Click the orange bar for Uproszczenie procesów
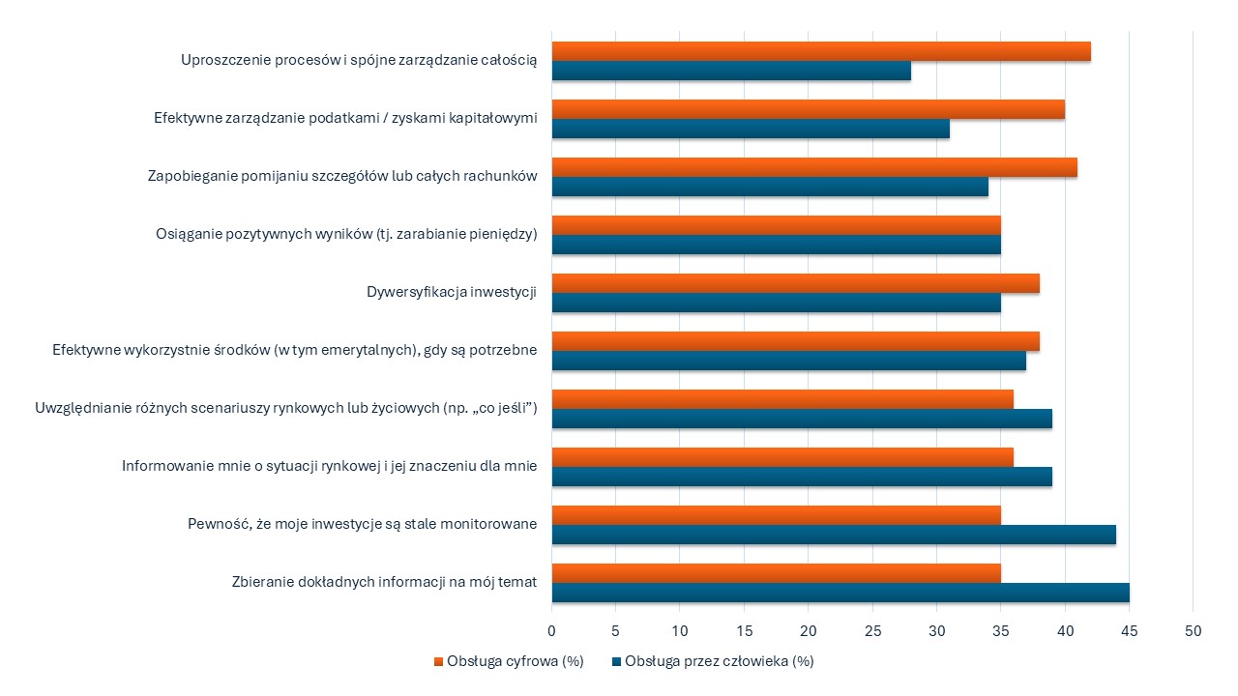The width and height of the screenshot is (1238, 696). point(821,52)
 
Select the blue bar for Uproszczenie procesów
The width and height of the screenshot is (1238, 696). point(731,72)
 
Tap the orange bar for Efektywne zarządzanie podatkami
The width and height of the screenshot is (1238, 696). point(809,110)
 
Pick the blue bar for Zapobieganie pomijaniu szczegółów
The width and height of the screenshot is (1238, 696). point(770,188)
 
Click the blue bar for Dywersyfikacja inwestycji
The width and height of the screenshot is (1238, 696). point(777,304)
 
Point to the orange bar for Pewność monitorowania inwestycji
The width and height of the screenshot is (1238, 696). point(777,516)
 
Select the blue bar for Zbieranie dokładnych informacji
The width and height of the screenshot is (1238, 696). point(840,594)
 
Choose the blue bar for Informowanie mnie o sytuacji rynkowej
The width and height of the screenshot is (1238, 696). point(802,478)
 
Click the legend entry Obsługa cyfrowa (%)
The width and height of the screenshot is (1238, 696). point(514,662)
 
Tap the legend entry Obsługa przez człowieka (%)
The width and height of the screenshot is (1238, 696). point(719,662)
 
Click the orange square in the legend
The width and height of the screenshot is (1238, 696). point(438,662)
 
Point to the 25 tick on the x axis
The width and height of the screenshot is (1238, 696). point(873,630)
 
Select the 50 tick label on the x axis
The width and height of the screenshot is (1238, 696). point(1193,630)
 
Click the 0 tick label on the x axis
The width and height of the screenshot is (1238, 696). point(552,630)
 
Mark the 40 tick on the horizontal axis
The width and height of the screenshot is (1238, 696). point(1065,630)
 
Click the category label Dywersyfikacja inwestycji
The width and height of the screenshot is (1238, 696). point(452,293)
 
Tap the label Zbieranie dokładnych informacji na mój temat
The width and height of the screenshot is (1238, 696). point(384,583)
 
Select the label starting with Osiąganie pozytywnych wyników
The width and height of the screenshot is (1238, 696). point(346,235)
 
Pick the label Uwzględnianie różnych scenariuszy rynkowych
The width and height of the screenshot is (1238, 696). point(285,409)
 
